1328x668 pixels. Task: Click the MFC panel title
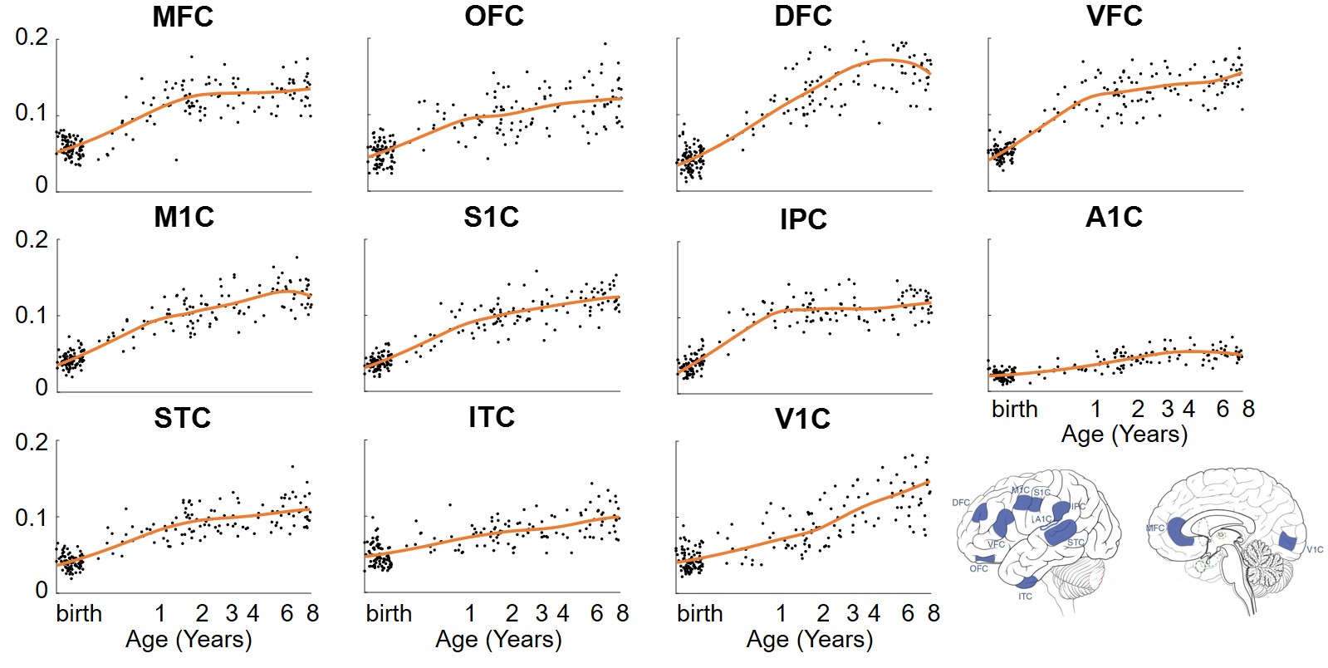pos(183,17)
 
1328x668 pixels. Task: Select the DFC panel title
pos(803,17)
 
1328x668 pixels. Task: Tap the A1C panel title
pos(1114,218)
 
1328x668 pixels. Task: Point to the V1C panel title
pos(802,420)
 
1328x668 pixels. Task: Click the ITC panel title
pos(492,417)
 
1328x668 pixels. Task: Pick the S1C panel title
pos(492,218)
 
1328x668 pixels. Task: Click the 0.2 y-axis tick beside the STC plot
pos(32,442)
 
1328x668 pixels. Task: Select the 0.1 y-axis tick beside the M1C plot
pos(32,315)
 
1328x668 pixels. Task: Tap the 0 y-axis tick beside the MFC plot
pos(42,185)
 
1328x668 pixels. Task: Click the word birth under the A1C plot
pos(1015,410)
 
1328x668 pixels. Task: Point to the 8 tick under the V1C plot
pos(934,614)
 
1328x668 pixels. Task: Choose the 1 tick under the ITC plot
pos(470,614)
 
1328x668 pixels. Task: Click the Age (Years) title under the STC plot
pos(189,640)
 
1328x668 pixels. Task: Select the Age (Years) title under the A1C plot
pos(1125,435)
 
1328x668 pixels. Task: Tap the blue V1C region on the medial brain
pos(1288,542)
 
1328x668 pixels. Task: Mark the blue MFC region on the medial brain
pos(1180,532)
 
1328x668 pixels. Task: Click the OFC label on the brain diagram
pos(978,569)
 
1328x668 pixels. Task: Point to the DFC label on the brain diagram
pos(961,503)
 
